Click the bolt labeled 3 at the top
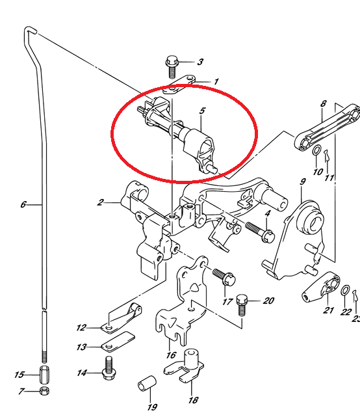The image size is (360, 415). pos(172,66)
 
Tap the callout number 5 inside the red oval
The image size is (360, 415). pos(202,111)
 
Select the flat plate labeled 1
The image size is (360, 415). pos(179,85)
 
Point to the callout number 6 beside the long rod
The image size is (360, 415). pos(23,204)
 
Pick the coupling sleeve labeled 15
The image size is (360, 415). pos(44,375)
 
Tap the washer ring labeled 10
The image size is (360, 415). pos(316,150)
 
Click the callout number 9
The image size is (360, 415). pos(303,181)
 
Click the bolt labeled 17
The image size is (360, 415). pos(224,277)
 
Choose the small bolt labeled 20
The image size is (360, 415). pos(242,305)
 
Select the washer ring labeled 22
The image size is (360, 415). pos(345,290)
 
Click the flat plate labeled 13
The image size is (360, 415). pos(118,341)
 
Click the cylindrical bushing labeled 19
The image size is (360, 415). pos(147,382)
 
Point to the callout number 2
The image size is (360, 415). pos(100,202)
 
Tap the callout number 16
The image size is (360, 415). pos(171,355)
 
